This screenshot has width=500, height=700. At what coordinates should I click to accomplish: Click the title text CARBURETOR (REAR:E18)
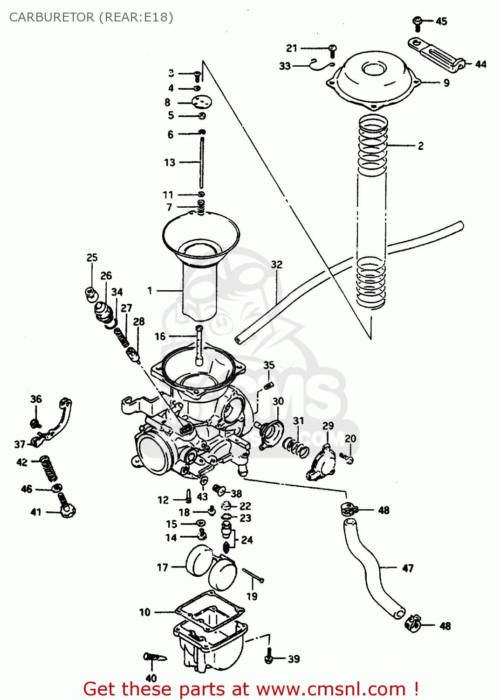[x=91, y=17]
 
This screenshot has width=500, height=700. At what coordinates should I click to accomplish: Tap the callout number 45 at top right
[x=441, y=21]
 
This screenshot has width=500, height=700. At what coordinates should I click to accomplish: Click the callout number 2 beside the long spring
[x=420, y=146]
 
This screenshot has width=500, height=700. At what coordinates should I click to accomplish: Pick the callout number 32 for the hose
[x=277, y=264]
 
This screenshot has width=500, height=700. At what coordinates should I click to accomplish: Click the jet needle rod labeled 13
[x=202, y=161]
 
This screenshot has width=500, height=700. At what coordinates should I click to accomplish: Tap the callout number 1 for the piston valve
[x=150, y=290]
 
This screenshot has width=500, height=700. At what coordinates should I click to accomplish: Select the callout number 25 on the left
[x=92, y=258]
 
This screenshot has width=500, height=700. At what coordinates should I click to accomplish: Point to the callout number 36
[x=36, y=399]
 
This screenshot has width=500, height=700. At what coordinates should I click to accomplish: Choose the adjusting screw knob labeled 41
[x=67, y=510]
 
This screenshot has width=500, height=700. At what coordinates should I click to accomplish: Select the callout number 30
[x=278, y=401]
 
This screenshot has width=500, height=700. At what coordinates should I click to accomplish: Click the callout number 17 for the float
[x=162, y=567]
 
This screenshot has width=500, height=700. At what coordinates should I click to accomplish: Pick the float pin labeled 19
[x=253, y=576]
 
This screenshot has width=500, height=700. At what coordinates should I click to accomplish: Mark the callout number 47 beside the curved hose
[x=408, y=568]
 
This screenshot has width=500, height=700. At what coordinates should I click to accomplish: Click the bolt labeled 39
[x=268, y=657]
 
